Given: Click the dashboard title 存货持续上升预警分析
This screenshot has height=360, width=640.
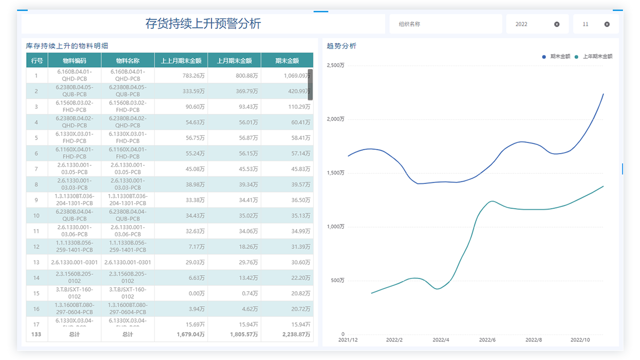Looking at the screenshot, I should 203,24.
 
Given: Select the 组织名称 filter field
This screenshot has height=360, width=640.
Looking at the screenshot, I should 445,24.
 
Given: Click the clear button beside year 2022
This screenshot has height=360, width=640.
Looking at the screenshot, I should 557,24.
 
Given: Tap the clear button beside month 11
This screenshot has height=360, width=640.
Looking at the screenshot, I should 607,24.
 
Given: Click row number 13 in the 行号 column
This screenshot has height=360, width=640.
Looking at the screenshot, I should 36,262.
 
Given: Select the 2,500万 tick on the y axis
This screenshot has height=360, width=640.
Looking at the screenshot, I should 335,66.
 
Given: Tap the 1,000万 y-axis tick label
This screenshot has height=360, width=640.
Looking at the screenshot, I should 335,227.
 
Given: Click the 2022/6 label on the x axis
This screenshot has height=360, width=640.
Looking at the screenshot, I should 487,340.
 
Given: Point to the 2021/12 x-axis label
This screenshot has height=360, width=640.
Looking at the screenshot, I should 348,340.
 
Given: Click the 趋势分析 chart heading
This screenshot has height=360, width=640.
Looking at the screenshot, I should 341,46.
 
